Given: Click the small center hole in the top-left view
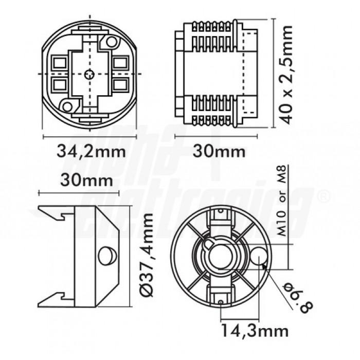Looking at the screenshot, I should click(91, 74).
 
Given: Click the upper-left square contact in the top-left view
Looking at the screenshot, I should click(59, 63).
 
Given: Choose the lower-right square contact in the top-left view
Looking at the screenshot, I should click(121, 84).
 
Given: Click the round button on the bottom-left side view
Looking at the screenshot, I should click(106, 255).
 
